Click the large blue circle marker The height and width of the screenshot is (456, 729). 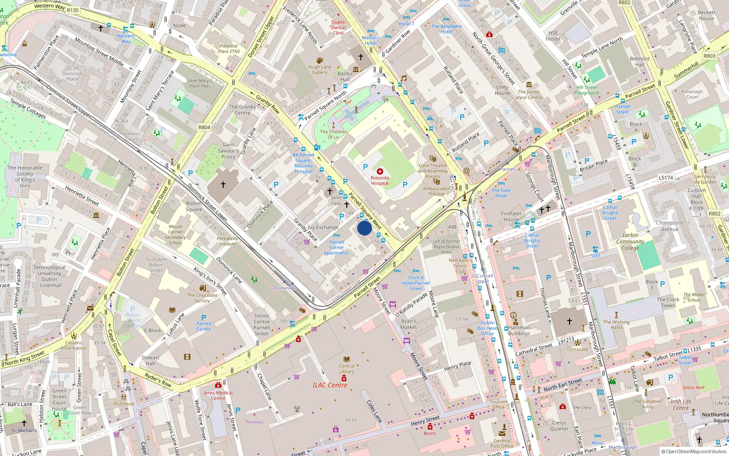click(x=364, y=228)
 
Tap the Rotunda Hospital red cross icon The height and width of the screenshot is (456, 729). click(x=380, y=171)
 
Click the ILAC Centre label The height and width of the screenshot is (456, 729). click(x=330, y=385)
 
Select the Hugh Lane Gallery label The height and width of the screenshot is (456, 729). click(x=320, y=69)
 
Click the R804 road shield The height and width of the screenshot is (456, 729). click(x=204, y=127)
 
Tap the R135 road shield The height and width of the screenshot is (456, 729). click(x=73, y=10)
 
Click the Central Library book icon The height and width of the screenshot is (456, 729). click(x=347, y=359)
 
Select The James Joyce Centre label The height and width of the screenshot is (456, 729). click(x=529, y=94)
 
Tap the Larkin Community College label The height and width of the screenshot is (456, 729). click(x=630, y=242)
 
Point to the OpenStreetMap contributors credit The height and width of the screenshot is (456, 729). click(x=694, y=452)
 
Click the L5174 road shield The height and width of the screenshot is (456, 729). click(x=666, y=177)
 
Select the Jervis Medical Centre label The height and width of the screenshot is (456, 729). click(x=218, y=395)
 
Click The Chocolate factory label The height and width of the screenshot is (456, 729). click(x=202, y=298)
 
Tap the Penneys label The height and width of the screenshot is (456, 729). click(x=254, y=422)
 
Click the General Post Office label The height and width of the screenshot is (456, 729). click(x=502, y=443)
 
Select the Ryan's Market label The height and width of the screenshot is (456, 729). click(x=409, y=324)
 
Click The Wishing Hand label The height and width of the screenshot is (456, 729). click(x=616, y=325)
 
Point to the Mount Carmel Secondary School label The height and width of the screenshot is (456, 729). click(x=175, y=234)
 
